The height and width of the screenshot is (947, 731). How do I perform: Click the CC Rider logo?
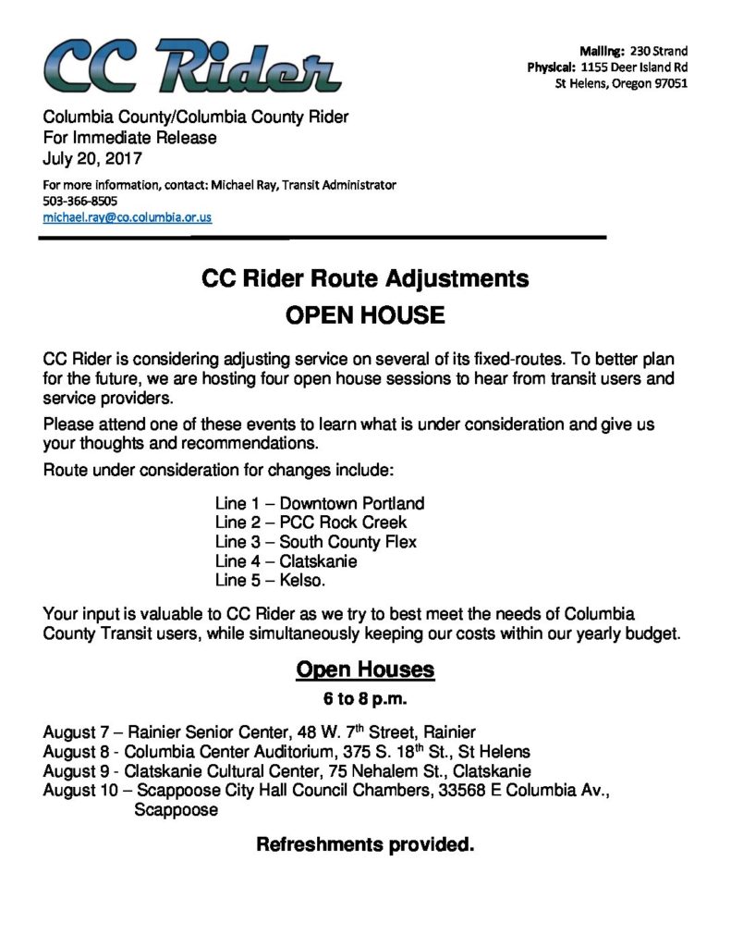(191, 68)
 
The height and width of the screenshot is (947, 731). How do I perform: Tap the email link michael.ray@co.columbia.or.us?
(128, 218)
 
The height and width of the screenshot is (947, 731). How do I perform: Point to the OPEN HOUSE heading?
(365, 316)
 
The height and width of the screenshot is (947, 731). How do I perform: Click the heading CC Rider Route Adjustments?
(365, 278)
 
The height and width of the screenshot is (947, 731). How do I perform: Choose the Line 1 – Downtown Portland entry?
(319, 504)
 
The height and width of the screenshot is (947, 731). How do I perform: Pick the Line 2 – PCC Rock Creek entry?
(311, 523)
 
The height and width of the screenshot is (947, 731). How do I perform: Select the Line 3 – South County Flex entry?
(315, 543)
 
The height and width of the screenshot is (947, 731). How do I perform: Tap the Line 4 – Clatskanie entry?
(286, 562)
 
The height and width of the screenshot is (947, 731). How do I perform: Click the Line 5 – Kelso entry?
(270, 582)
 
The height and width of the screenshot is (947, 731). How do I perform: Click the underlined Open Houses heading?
(365, 670)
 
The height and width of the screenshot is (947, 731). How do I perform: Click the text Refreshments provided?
(365, 845)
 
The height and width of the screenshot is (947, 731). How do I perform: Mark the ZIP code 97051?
(666, 84)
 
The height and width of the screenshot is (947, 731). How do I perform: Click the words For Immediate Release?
(130, 138)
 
